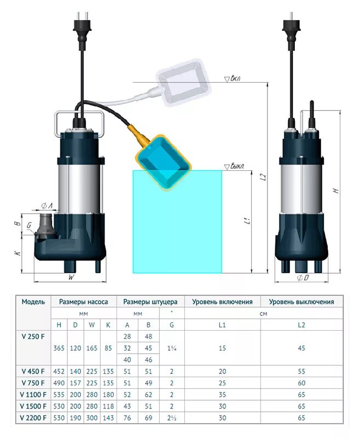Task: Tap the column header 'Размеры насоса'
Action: pyautogui.click(x=83, y=301)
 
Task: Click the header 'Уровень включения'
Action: pyautogui.click(x=222, y=301)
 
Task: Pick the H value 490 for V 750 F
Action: pyautogui.click(x=59, y=382)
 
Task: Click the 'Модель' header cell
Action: pyautogui.click(x=33, y=301)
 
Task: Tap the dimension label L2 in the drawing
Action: pyautogui.click(x=263, y=177)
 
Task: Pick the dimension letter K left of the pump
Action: pyautogui.click(x=17, y=253)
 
